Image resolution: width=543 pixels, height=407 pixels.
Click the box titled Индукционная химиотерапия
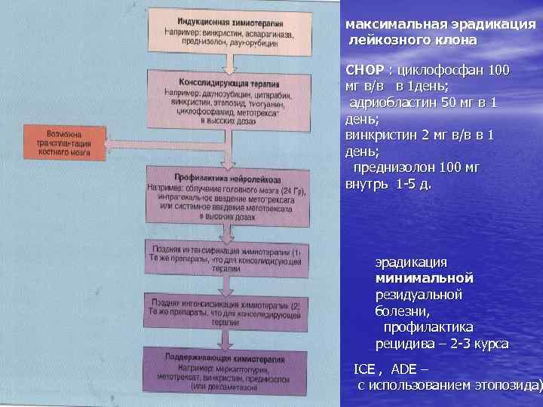click(x=227, y=29)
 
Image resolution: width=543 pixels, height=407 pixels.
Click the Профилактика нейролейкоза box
click(x=227, y=193)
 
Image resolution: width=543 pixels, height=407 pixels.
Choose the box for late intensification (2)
click(x=227, y=311)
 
